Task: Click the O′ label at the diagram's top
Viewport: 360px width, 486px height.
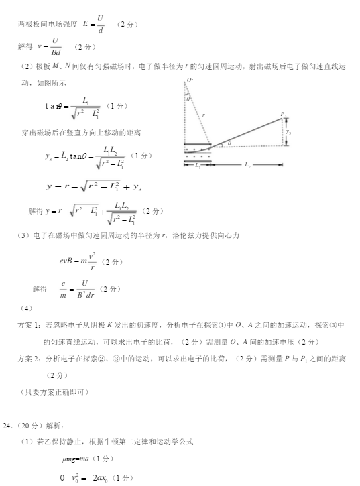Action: click(x=190, y=80)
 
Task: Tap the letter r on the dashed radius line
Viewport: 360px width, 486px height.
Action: click(x=203, y=116)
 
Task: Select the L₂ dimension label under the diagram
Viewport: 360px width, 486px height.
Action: click(x=247, y=164)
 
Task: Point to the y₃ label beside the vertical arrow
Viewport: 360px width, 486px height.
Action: click(x=288, y=132)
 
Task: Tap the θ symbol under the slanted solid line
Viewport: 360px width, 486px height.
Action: click(x=229, y=143)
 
